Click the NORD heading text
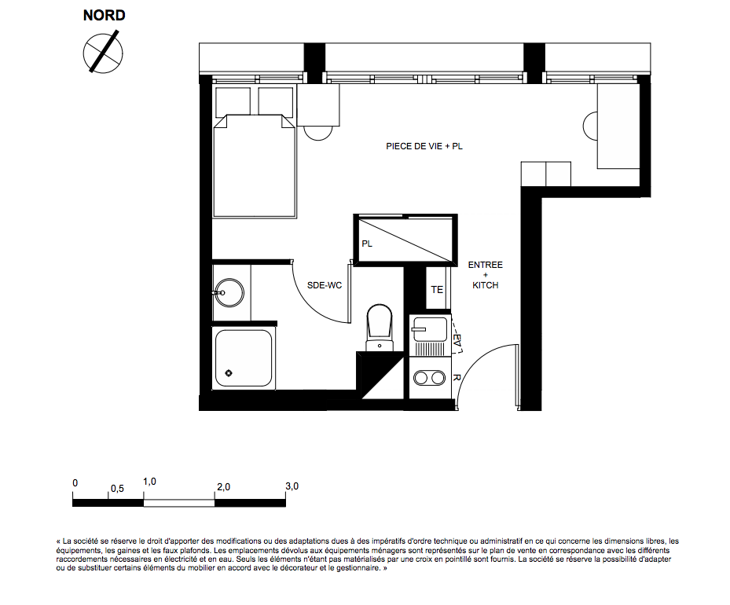coord(105,16)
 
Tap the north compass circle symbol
coord(103,53)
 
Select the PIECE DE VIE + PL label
coord(424,146)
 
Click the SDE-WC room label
coord(325,285)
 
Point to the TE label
coord(437,290)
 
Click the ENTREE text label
coord(485,265)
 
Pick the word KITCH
coord(485,285)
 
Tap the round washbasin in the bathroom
coord(229,293)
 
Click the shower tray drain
coord(229,372)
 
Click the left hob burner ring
coord(421,378)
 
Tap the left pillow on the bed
coord(233,101)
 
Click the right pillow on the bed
coord(276,101)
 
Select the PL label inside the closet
coord(367,244)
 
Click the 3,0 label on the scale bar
coord(292,486)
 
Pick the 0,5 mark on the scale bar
coord(117,489)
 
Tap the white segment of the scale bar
coord(179,503)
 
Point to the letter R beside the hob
coord(457,378)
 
